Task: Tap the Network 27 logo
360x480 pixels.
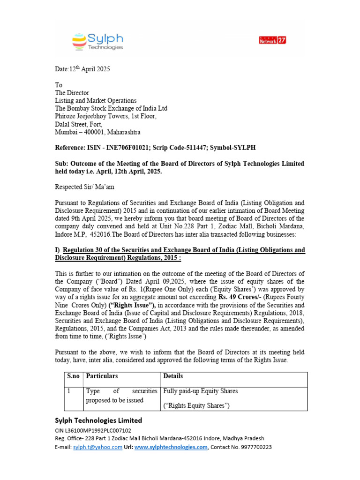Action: (272, 40)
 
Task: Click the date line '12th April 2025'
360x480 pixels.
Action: (82, 69)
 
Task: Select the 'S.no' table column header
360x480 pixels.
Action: (73, 376)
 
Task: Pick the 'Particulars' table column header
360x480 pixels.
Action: (102, 376)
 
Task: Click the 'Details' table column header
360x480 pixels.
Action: (173, 376)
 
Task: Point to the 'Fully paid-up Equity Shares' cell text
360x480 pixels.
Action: (200, 391)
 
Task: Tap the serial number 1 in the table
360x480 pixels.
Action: (68, 391)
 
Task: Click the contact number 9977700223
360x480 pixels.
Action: (255, 448)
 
